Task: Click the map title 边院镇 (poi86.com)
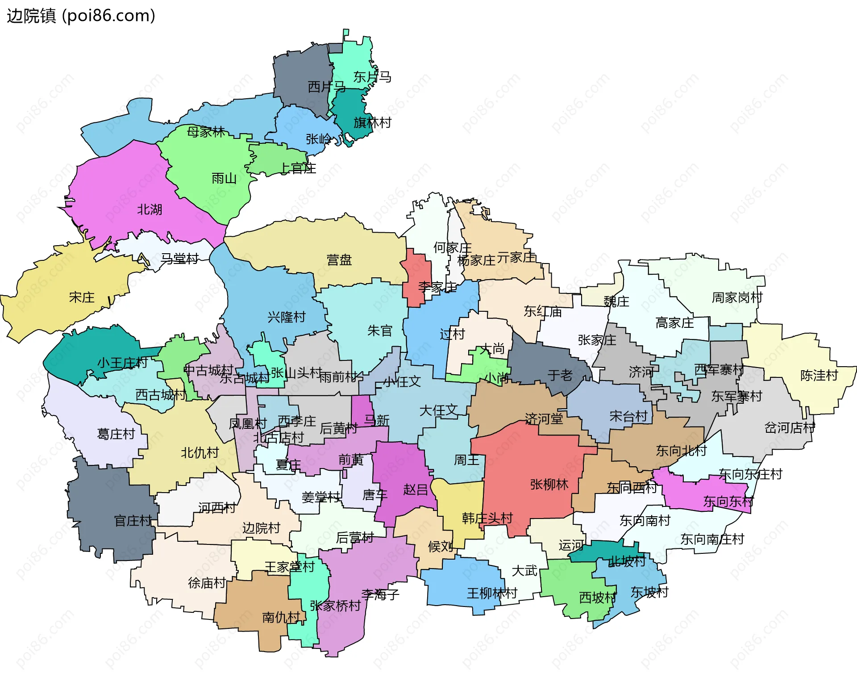click(81, 16)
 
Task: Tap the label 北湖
click(149, 209)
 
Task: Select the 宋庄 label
click(82, 297)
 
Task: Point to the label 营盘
click(339, 260)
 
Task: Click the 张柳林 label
click(549, 485)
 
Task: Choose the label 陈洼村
click(819, 376)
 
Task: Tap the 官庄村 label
click(133, 521)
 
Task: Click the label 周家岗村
click(737, 297)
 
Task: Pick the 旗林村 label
click(372, 122)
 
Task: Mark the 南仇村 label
click(281, 618)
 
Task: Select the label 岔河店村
click(790, 428)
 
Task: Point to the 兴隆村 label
click(287, 317)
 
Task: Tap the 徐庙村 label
click(207, 583)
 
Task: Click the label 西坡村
click(597, 598)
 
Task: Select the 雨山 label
click(224, 179)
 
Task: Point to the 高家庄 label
click(674, 323)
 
